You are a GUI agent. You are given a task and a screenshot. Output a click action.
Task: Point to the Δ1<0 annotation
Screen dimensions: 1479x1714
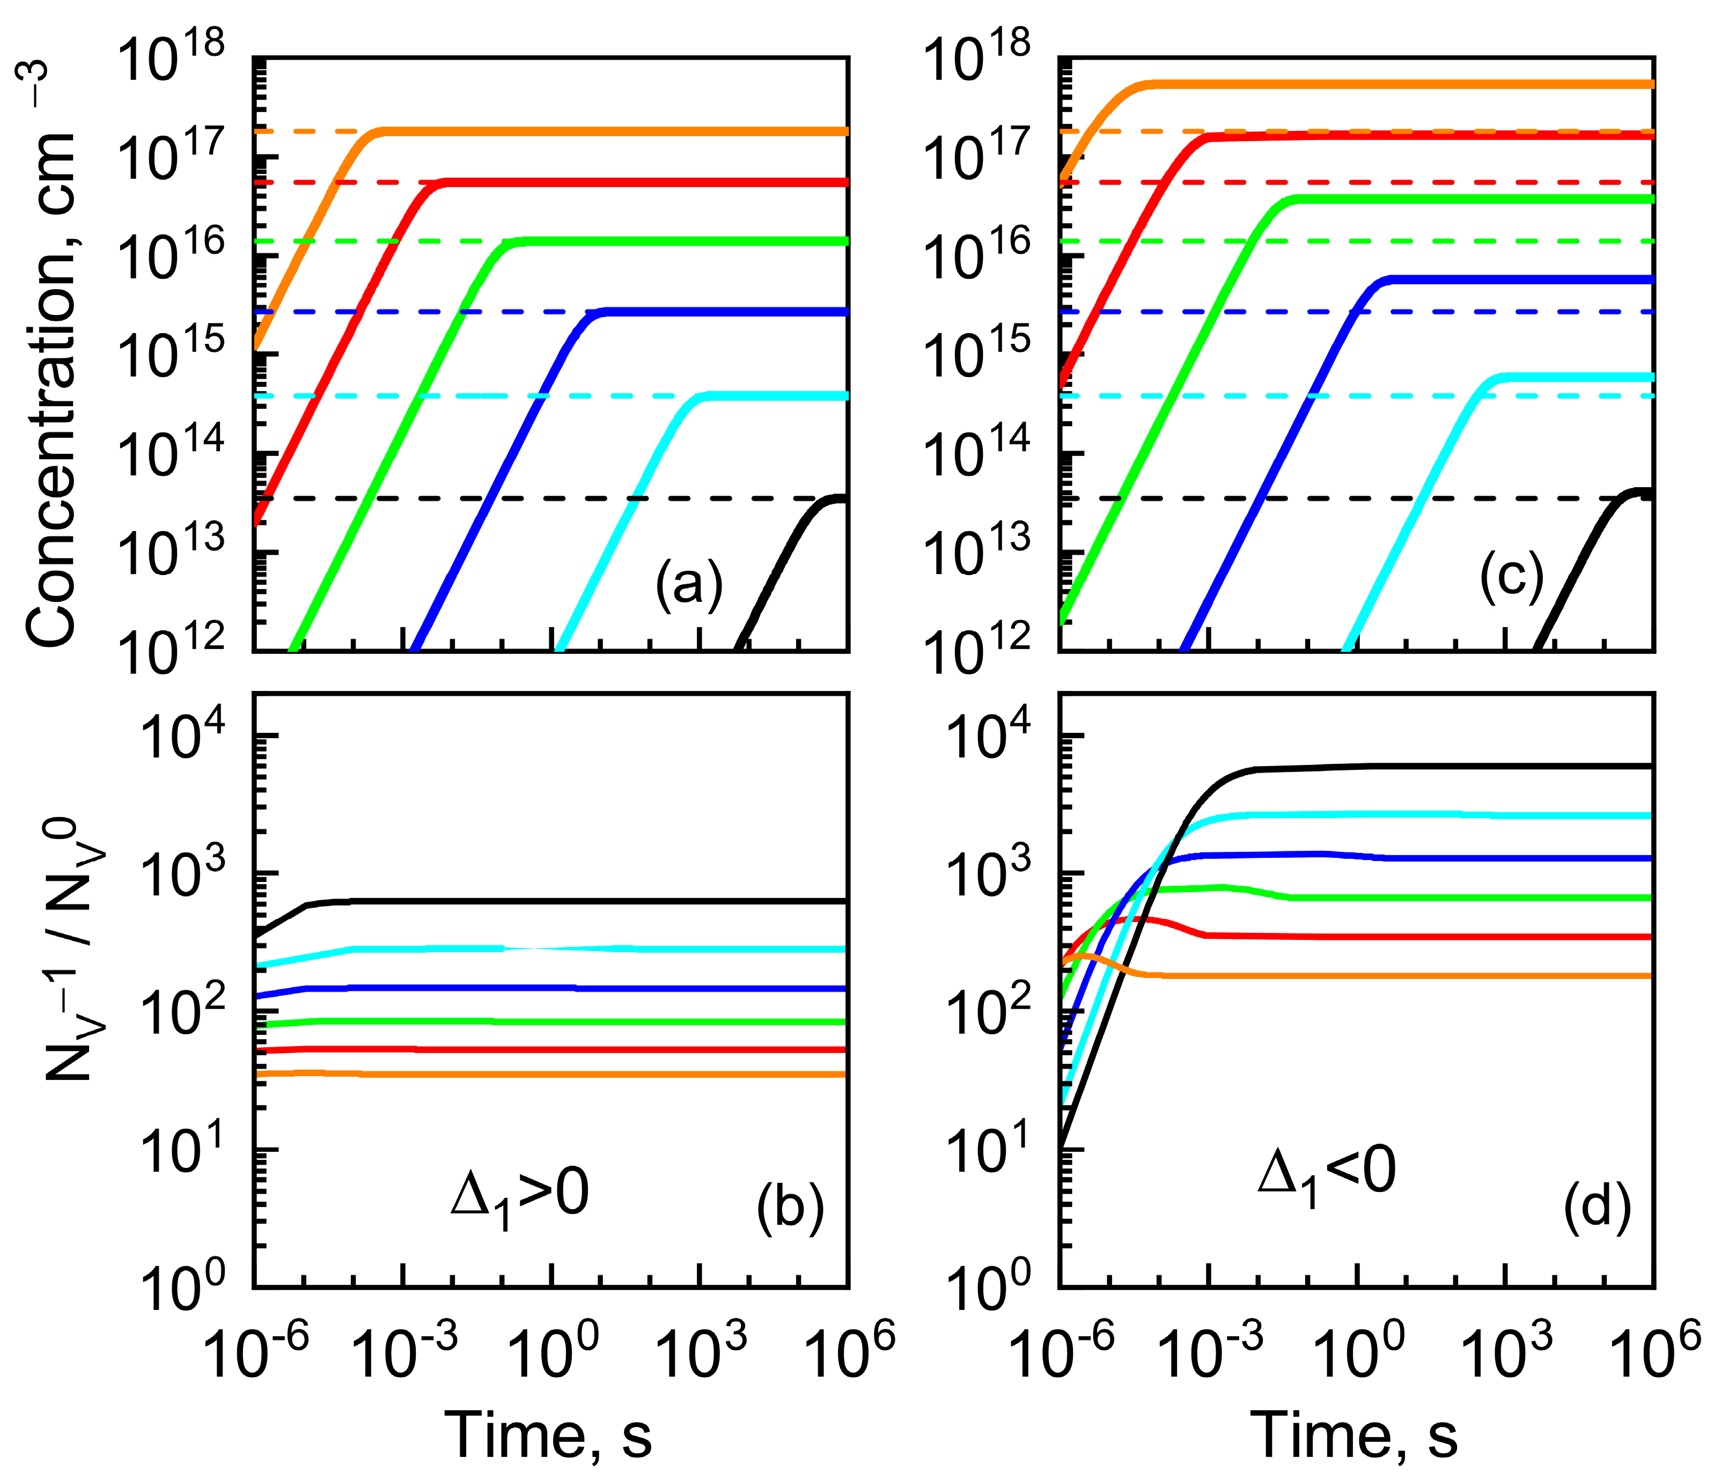coord(1326,1173)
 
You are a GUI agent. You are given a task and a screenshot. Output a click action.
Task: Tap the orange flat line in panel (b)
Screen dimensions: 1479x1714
coord(579,1073)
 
